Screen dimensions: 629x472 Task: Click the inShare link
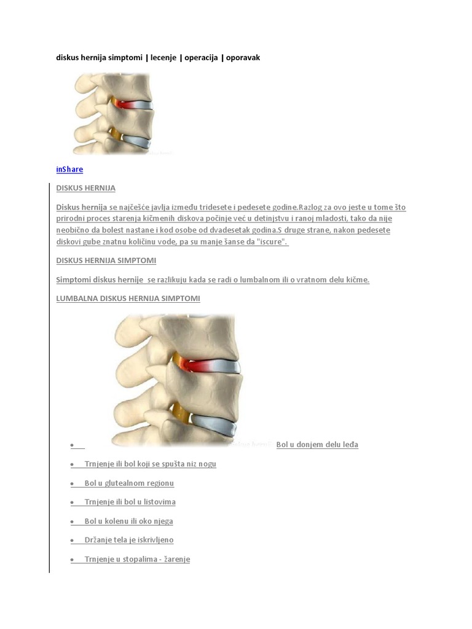[69, 169]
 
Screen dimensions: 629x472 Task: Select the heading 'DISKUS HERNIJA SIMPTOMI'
[106, 260]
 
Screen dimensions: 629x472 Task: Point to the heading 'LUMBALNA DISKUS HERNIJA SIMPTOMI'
[128, 299]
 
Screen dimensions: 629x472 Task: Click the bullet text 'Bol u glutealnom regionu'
[129, 483]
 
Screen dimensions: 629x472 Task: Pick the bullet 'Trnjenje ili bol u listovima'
[130, 502]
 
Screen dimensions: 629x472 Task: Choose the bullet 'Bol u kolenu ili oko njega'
[128, 521]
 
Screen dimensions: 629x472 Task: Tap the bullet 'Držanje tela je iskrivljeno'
[129, 540]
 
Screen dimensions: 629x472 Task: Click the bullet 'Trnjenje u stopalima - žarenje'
[137, 559]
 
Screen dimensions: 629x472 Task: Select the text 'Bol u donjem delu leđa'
[317, 445]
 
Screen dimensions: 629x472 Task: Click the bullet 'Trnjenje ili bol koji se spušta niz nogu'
[150, 464]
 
